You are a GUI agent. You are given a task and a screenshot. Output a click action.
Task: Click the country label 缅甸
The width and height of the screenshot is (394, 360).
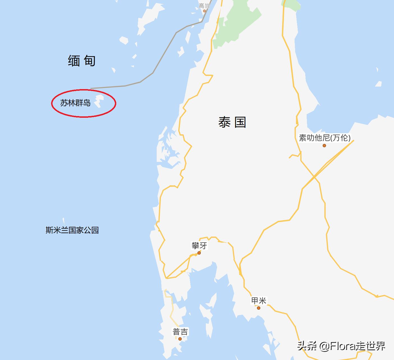click(82, 61)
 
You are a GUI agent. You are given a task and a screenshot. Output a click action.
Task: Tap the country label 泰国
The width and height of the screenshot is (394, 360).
click(232, 123)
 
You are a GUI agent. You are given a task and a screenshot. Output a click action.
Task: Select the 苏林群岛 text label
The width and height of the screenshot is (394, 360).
click(75, 103)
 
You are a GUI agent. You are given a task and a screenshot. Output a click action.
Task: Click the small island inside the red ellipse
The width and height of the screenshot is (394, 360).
click(98, 101)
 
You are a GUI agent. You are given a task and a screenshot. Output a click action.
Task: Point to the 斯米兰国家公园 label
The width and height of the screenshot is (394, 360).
click(72, 230)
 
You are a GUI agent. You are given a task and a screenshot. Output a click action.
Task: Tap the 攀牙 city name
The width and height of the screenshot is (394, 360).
click(199, 246)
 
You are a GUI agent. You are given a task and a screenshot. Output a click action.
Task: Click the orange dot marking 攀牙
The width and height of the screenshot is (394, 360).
click(199, 253)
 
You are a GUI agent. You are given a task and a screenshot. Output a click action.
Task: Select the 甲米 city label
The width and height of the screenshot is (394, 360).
click(259, 301)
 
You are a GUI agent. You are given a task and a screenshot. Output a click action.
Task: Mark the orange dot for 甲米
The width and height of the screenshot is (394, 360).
click(259, 308)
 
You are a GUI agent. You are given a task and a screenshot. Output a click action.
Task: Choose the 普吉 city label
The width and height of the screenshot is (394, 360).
click(180, 332)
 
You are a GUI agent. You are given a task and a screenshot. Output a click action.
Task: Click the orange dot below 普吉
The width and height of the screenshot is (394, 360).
click(180, 339)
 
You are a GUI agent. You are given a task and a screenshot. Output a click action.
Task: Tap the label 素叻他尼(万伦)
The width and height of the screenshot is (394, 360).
click(325, 138)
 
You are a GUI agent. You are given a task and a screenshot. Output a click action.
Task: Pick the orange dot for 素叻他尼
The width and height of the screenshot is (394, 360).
click(324, 146)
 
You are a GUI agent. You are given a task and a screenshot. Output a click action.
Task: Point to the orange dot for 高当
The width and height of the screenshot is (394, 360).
click(204, 11)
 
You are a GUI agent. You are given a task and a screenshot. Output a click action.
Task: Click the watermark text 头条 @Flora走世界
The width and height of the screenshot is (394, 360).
click(341, 346)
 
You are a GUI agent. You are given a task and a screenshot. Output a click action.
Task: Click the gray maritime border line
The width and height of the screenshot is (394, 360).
click(153, 73)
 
